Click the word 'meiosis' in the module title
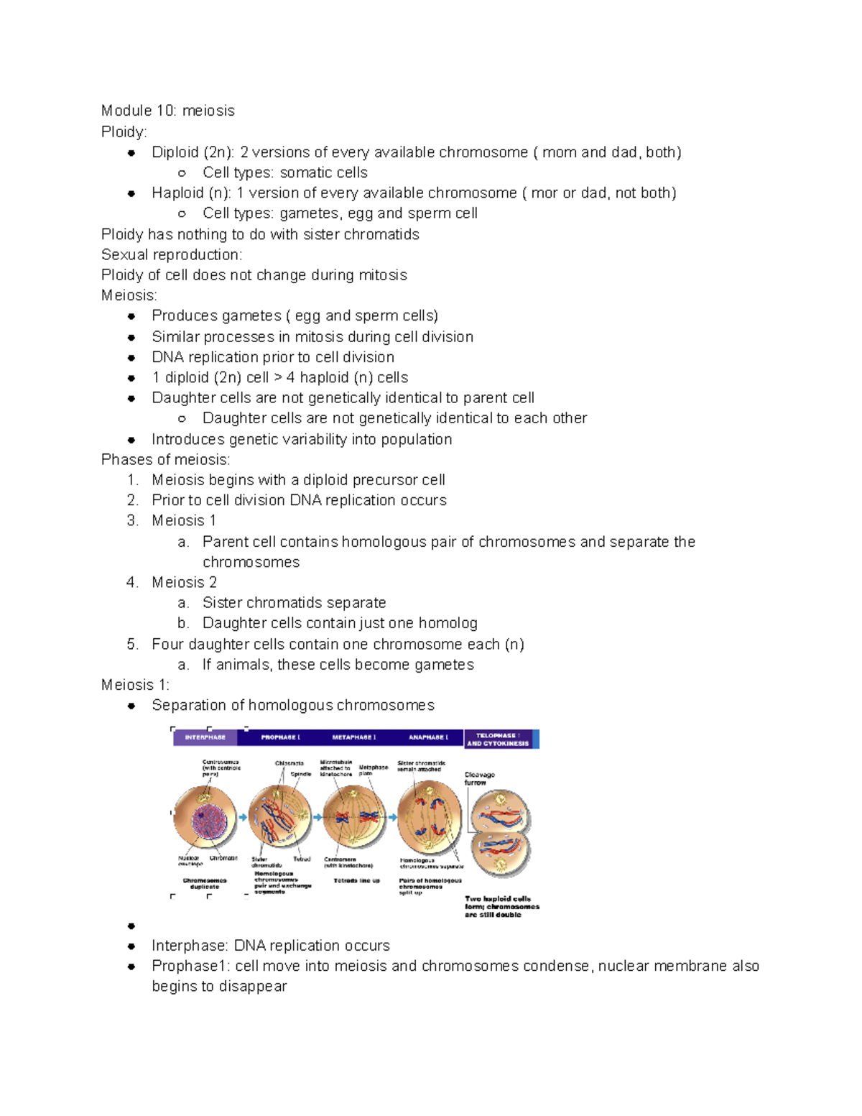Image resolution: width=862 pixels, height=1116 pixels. [208, 111]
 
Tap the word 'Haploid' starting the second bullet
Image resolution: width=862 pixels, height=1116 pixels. [177, 193]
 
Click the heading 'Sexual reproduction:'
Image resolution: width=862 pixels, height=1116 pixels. [172, 254]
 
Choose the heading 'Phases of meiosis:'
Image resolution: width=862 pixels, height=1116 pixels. [165, 459]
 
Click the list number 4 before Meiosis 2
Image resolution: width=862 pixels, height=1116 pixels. [132, 582]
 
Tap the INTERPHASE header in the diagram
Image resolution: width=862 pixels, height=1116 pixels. [205, 737]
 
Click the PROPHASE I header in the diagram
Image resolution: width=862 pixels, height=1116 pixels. [280, 737]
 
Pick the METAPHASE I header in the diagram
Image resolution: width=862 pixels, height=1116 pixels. [353, 737]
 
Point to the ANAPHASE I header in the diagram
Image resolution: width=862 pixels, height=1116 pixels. [428, 737]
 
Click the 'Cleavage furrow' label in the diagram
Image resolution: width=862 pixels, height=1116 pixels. [479, 778]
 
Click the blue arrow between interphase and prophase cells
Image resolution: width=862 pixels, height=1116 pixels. [243, 817]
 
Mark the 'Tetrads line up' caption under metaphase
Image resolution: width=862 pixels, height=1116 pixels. [356, 880]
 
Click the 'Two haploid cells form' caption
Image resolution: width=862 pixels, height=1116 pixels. [501, 906]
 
